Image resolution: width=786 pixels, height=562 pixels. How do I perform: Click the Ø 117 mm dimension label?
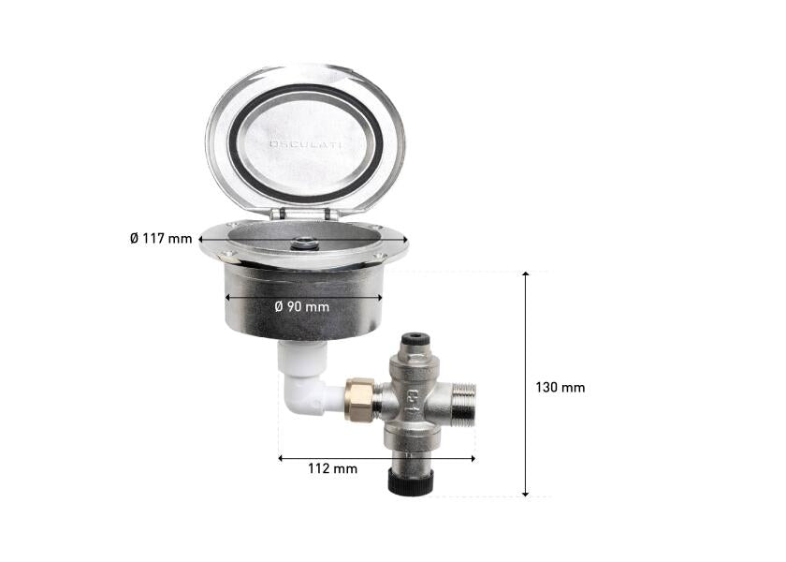[161, 238]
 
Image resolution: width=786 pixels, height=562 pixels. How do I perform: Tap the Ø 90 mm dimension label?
[302, 306]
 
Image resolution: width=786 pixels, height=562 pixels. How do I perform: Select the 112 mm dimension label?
[332, 468]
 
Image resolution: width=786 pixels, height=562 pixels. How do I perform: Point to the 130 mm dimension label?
[560, 388]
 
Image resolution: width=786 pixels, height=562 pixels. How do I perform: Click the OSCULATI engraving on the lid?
[306, 144]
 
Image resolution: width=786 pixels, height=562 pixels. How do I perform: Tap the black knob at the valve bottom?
[411, 481]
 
